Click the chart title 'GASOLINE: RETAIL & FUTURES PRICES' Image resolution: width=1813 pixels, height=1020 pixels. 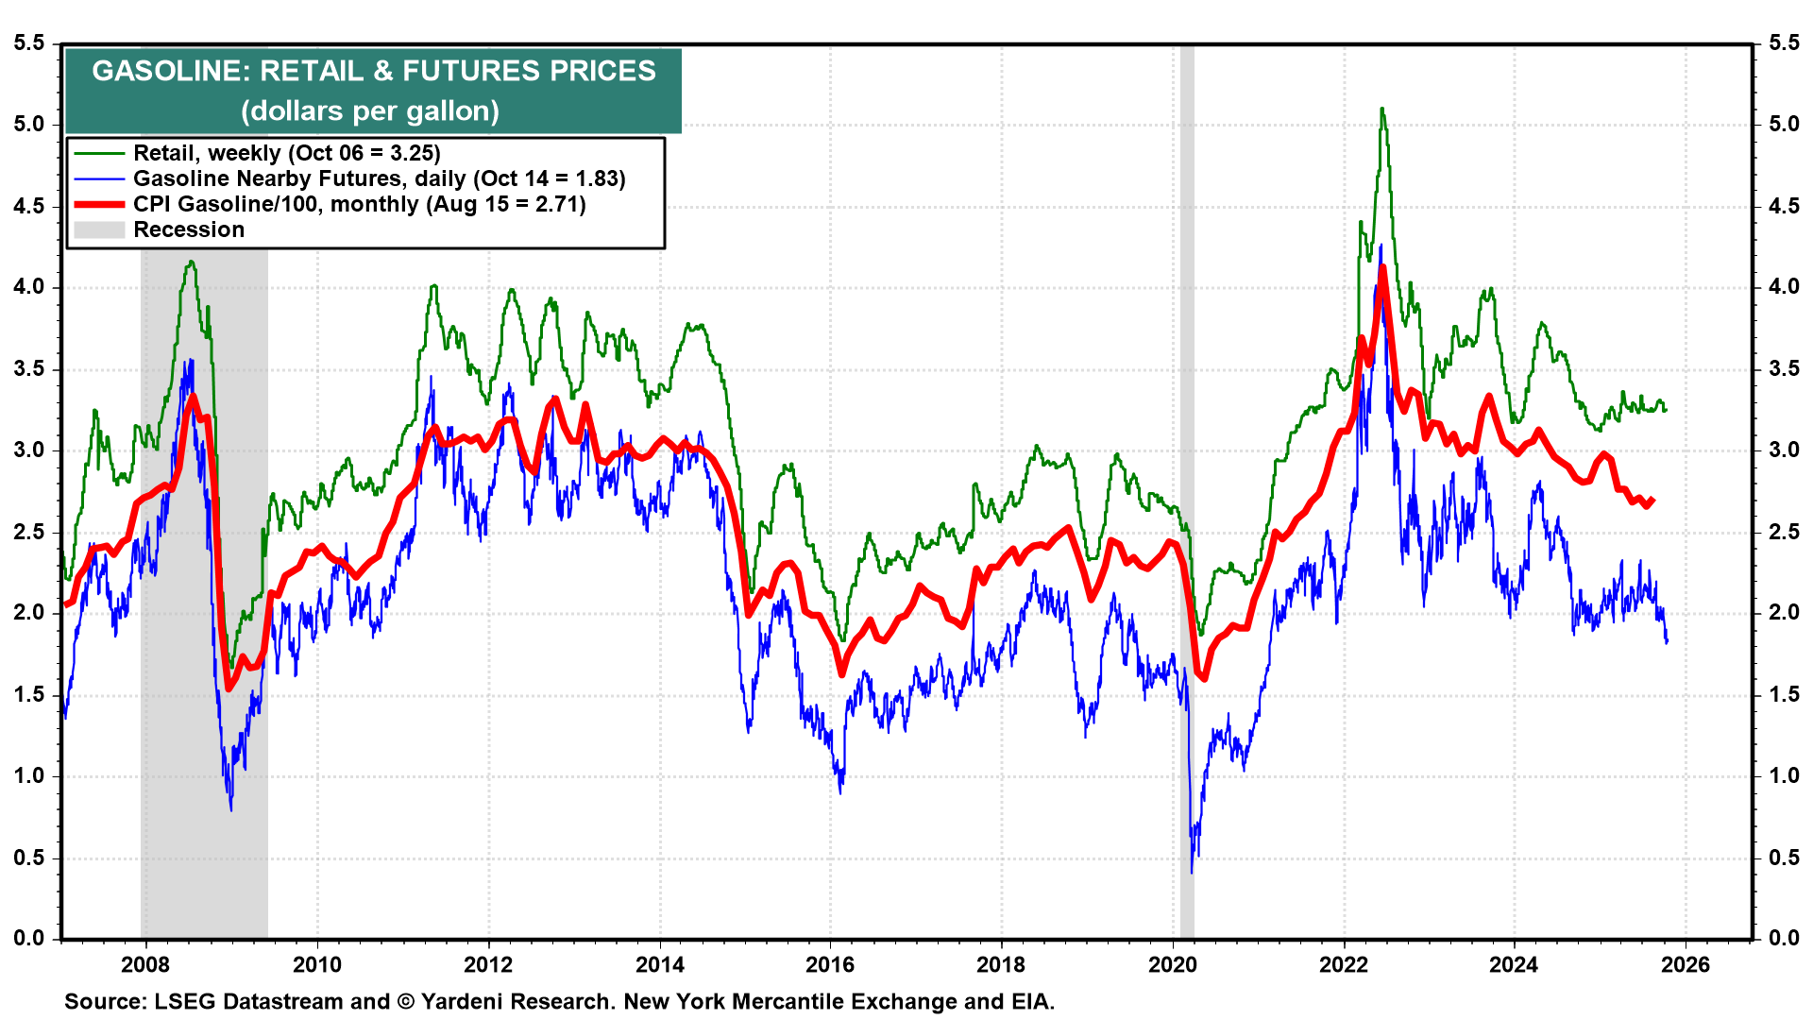point(374,71)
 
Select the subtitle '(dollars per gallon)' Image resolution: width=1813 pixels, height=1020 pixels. point(370,111)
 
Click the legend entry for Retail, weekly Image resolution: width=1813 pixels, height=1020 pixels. point(286,153)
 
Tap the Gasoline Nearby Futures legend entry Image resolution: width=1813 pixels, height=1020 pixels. point(379,178)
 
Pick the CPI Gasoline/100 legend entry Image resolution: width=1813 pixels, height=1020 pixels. point(359,204)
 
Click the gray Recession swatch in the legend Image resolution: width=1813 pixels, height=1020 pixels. point(99,229)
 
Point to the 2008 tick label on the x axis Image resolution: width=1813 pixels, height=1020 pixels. point(145,964)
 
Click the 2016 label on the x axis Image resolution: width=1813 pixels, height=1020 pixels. point(830,964)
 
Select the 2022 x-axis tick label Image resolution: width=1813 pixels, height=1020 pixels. point(1344,964)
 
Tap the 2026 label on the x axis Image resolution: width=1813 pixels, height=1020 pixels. point(1686,964)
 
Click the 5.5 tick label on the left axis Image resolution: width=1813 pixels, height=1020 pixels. point(28,43)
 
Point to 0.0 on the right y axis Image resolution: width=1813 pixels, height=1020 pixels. point(1784,938)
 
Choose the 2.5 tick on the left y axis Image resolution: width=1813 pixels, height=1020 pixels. point(28,532)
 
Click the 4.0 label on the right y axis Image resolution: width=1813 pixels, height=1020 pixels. point(1784,287)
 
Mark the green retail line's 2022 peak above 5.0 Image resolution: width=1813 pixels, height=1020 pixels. point(1381,110)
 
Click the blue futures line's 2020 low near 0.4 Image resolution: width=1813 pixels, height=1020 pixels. point(1192,871)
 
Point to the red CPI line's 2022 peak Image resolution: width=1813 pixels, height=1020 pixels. point(1382,268)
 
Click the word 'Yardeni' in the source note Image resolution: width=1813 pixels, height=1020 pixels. point(466,1001)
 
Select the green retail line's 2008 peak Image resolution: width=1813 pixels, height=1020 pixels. point(192,263)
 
